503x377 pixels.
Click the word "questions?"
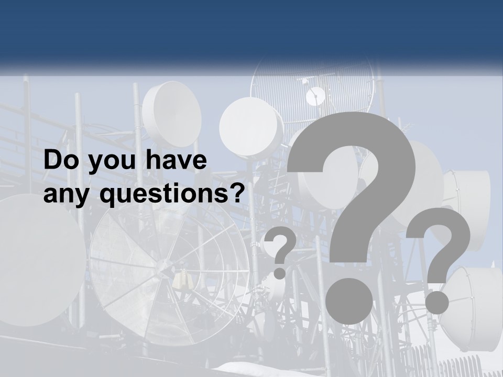[172, 195]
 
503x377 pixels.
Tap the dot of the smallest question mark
[280, 273]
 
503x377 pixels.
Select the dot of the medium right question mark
[436, 302]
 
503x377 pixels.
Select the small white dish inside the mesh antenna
[315, 96]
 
